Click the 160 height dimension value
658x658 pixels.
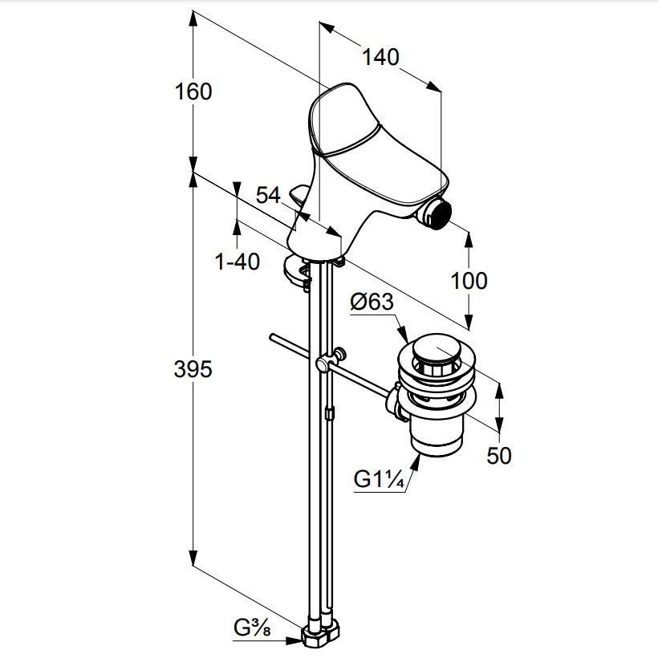point(193,92)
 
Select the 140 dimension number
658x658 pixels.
point(380,57)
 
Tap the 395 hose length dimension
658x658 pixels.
point(193,370)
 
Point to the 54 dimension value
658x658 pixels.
point(268,195)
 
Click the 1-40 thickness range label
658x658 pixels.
point(238,262)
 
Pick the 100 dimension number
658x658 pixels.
point(469,281)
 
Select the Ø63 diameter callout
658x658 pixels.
point(372,302)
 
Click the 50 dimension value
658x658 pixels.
point(499,455)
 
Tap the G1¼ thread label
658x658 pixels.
point(379,479)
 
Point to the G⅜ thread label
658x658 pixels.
point(252,628)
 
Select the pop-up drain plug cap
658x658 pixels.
point(437,346)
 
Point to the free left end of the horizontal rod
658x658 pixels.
point(272,337)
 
